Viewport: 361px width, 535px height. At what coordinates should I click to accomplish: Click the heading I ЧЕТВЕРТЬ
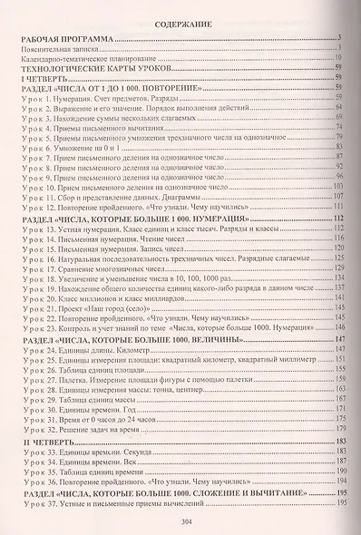pyautogui.click(x=43, y=79)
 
